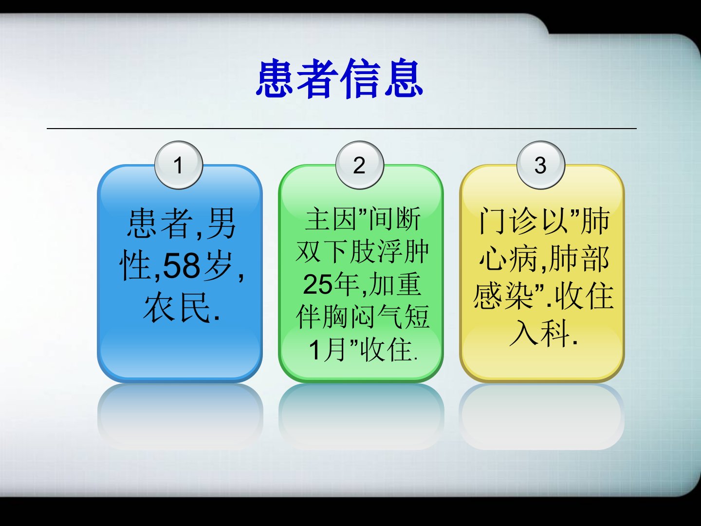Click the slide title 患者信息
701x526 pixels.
click(340, 78)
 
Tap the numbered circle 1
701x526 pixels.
click(179, 165)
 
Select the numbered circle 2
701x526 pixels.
click(360, 165)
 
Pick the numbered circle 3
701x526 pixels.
click(541, 165)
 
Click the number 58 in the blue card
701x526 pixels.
click(182, 265)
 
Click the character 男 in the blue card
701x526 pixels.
click(221, 223)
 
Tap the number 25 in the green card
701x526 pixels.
click(317, 284)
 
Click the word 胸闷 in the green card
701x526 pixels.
click(349, 317)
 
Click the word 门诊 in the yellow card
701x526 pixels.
click(507, 221)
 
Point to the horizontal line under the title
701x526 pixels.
click(342, 129)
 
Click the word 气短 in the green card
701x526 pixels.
click(403, 317)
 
